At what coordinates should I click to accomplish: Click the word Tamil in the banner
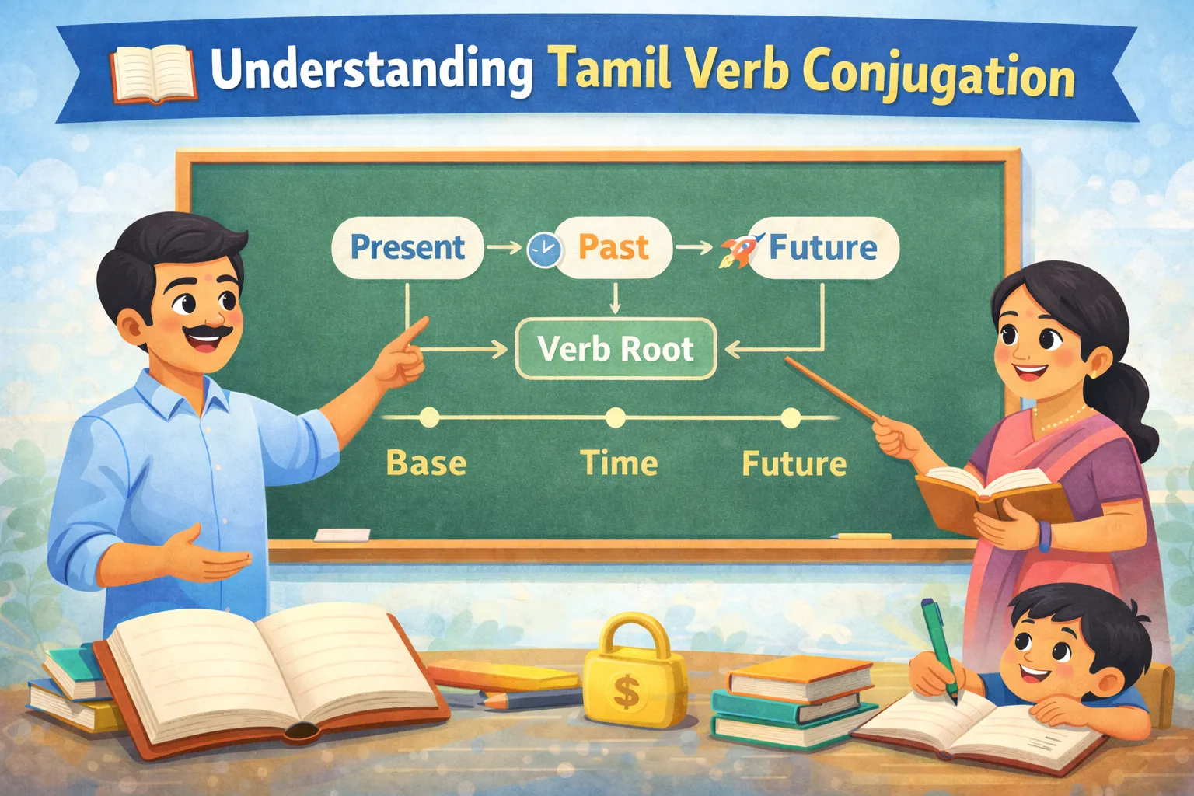click(x=611, y=71)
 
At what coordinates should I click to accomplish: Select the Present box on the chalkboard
click(x=407, y=248)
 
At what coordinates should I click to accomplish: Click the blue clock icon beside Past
click(x=544, y=250)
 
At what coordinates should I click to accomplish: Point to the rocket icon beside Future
click(x=740, y=249)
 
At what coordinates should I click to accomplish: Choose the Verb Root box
click(x=616, y=349)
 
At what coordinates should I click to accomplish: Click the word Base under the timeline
click(x=426, y=463)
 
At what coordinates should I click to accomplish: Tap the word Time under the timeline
click(x=619, y=463)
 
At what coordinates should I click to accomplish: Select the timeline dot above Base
click(x=428, y=418)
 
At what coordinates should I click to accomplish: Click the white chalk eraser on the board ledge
click(x=342, y=535)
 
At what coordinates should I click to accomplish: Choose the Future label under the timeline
click(x=794, y=463)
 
